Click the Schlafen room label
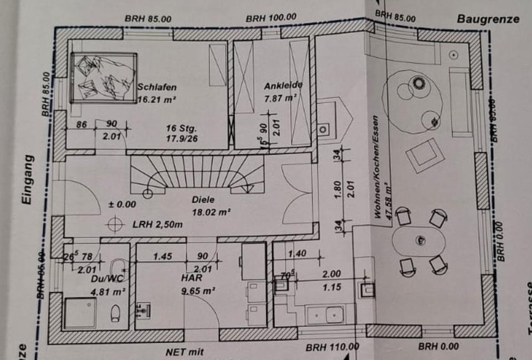[157, 88]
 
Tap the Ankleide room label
[283, 86]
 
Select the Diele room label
[203, 199]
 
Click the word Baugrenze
[488, 19]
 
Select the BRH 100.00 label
[272, 18]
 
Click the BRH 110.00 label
[332, 347]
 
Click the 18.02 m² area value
[210, 211]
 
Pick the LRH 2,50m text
[157, 224]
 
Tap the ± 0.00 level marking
[122, 204]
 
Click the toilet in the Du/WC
[116, 313]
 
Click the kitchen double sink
[326, 314]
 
